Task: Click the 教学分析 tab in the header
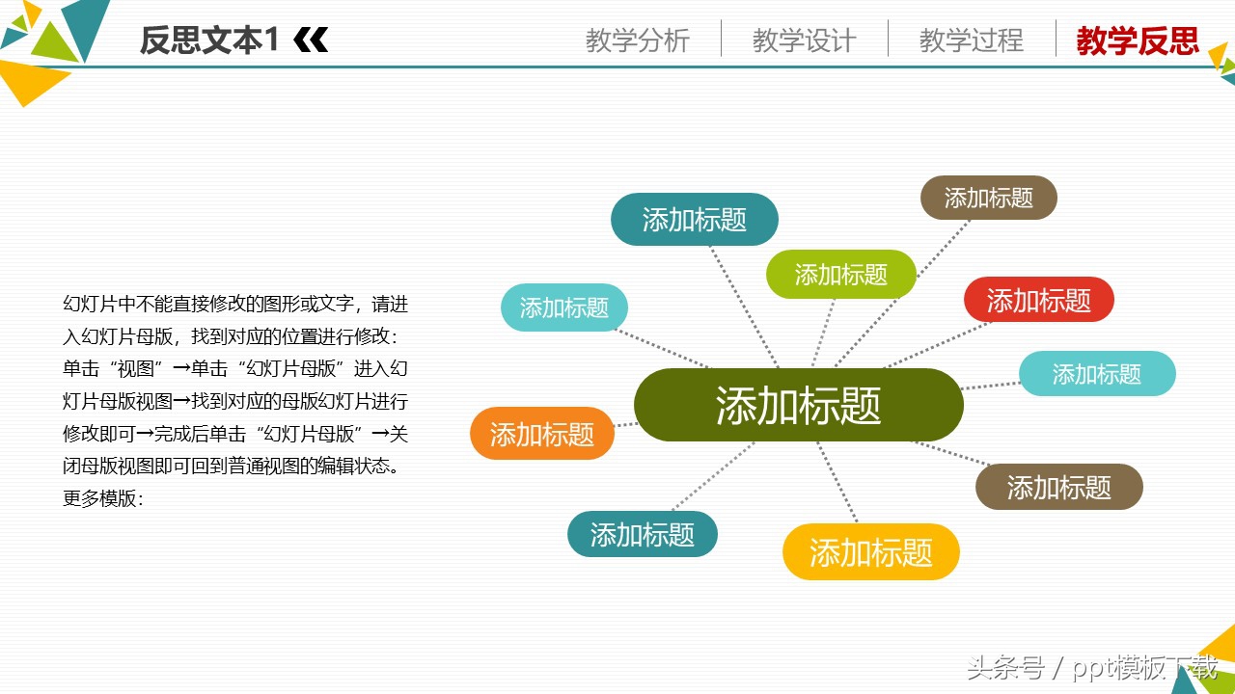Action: tap(637, 40)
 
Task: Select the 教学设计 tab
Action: tap(804, 40)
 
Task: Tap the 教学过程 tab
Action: tap(971, 40)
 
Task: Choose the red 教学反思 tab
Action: tap(1138, 40)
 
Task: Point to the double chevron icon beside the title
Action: tap(311, 40)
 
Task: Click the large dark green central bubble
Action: tap(798, 406)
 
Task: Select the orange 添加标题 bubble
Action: tap(542, 434)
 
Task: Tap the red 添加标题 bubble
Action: tap(1038, 300)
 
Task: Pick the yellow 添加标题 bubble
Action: tap(870, 552)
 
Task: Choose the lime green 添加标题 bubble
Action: tap(840, 275)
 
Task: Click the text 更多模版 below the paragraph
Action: tap(102, 499)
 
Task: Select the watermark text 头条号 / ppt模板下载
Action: tap(1092, 667)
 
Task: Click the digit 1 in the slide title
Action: tap(272, 40)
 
